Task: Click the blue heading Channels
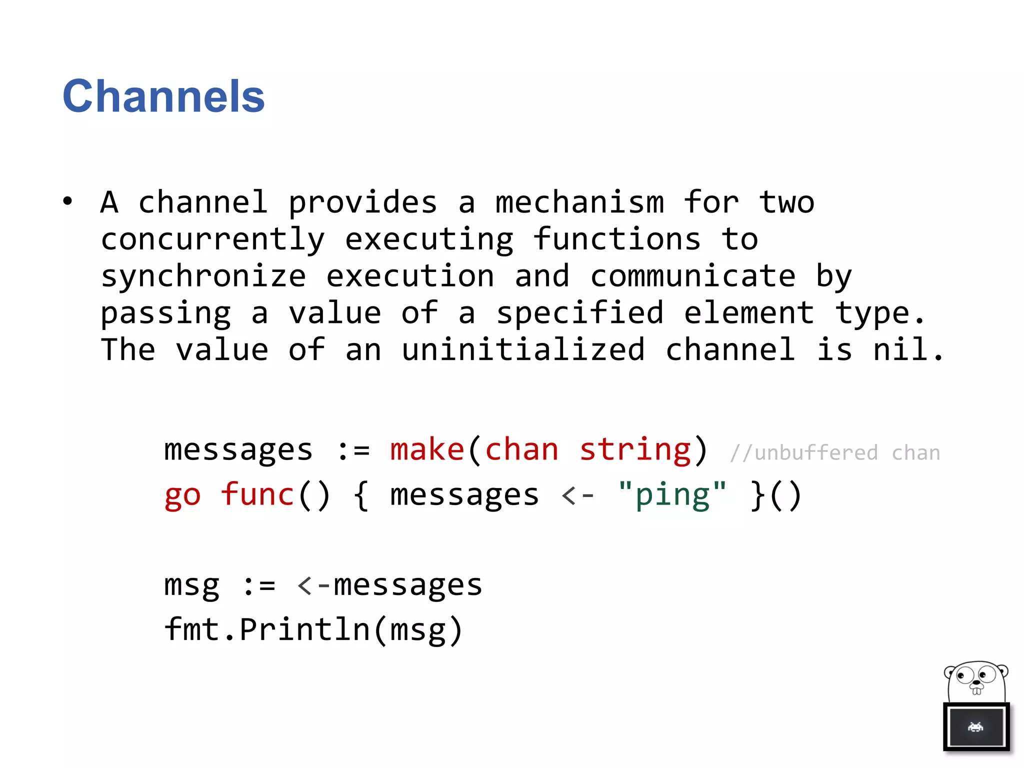[x=163, y=96]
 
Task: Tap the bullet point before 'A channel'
[x=67, y=201]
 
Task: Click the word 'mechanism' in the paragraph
[x=579, y=203]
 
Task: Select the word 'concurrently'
[x=213, y=240]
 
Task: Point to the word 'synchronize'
[x=203, y=277]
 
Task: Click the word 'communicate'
[x=693, y=276]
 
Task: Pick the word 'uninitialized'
[x=523, y=349]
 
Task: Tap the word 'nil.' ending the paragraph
[x=908, y=349]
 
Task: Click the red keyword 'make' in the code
[x=427, y=449]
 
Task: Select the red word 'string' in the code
[x=635, y=449]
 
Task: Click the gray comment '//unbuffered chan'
[x=834, y=453]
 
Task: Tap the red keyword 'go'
[x=182, y=495]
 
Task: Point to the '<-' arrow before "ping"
[x=578, y=495]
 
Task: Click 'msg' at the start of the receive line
[x=192, y=585]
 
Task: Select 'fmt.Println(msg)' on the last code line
[x=313, y=630]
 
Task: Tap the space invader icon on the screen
[x=975, y=726]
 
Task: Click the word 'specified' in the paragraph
[x=579, y=313]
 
